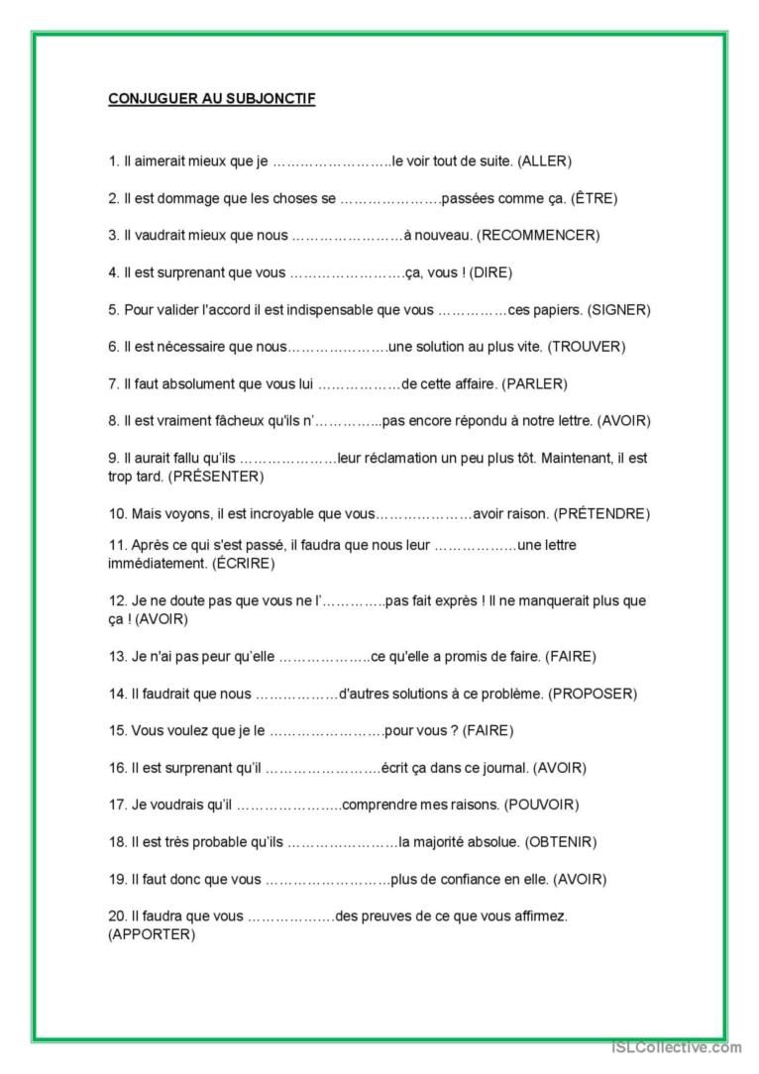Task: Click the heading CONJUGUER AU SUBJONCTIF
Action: [x=211, y=99]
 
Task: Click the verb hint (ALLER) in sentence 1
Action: [x=545, y=161]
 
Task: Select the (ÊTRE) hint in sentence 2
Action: [x=594, y=198]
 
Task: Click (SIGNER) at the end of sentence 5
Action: [x=618, y=310]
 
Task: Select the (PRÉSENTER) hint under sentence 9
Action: [x=216, y=477]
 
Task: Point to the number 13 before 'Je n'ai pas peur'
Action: [x=117, y=656]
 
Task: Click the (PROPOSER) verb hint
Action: [x=593, y=694]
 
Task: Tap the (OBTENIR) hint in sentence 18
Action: [x=561, y=842]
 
